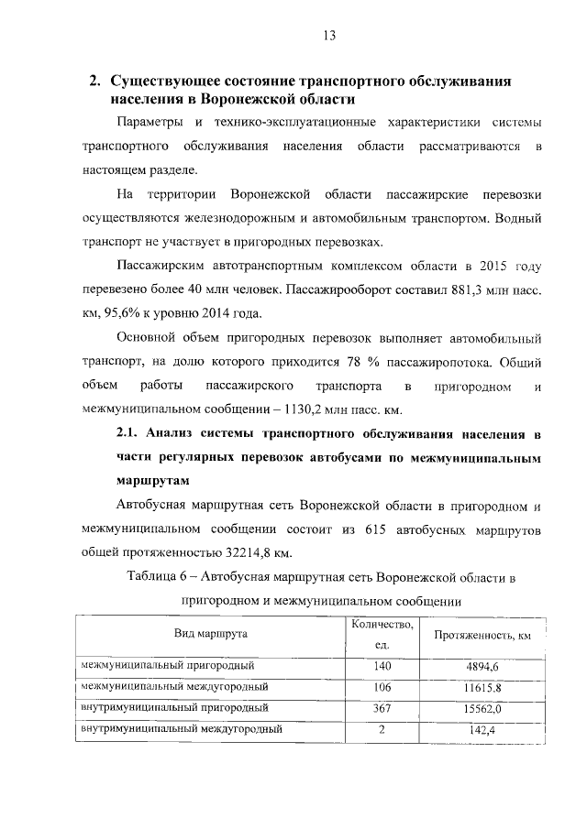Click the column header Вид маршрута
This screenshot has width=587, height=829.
212,635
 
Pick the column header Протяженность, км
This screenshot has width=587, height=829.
482,635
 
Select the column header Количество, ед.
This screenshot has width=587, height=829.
382,635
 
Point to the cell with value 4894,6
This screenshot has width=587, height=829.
482,666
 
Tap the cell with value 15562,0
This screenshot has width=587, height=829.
482,709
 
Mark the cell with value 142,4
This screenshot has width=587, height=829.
482,730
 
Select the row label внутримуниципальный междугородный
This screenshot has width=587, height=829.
182,730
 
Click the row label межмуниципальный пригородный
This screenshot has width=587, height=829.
168,665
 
